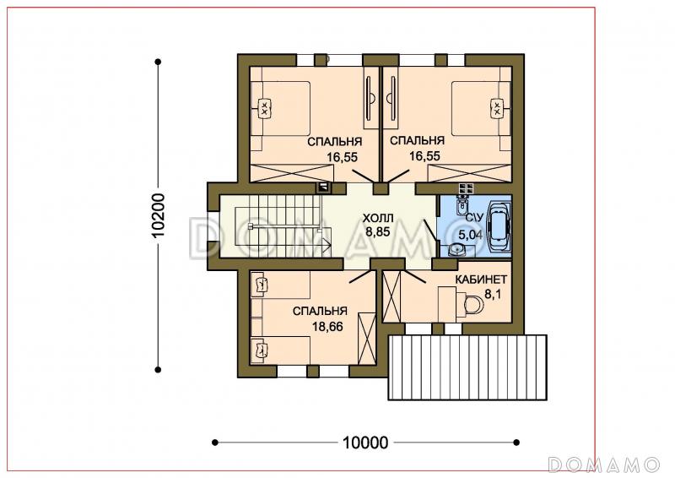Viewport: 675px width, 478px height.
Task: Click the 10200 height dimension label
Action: (159, 215)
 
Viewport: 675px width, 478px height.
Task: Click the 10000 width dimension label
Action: (365, 443)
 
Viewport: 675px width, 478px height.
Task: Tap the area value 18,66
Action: (327, 327)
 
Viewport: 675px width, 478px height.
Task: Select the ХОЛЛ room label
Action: (378, 217)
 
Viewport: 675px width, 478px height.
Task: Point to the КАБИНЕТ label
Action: (481, 280)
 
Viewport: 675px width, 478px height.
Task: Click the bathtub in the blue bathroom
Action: (498, 227)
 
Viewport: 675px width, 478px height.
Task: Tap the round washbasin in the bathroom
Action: (456, 250)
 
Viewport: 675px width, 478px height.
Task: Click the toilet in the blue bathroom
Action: (462, 204)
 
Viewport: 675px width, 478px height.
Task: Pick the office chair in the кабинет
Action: (473, 305)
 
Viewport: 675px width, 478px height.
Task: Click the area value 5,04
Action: (470, 235)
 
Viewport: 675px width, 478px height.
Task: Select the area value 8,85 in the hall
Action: (377, 232)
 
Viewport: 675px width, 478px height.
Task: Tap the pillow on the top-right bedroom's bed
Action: (497, 107)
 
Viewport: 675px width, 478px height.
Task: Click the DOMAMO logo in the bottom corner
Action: (604, 464)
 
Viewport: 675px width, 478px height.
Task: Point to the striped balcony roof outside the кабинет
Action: (467, 367)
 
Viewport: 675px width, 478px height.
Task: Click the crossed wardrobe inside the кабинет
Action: (391, 296)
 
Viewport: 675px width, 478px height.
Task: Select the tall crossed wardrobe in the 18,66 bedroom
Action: (367, 338)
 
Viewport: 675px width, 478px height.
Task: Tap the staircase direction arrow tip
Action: (331, 246)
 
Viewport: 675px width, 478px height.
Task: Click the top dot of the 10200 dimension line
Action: (158, 62)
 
